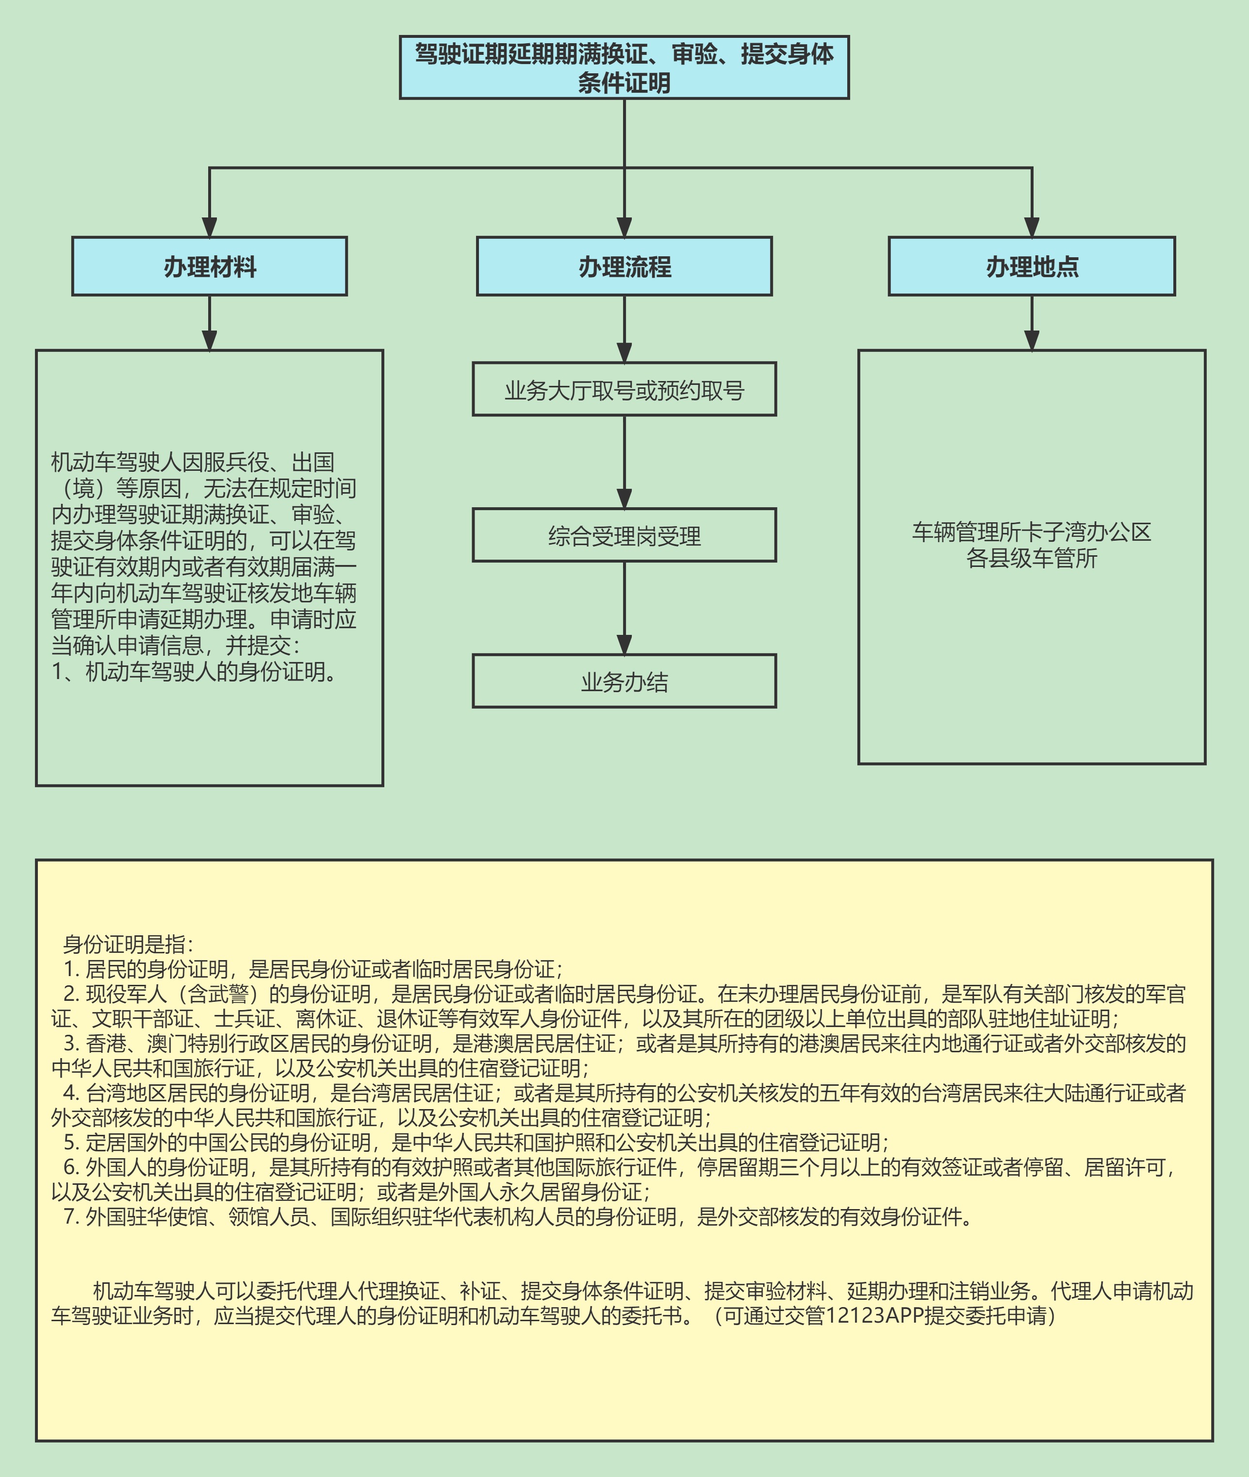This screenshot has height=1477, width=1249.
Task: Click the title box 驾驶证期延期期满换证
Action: click(x=624, y=67)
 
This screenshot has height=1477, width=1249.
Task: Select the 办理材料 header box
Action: click(x=210, y=266)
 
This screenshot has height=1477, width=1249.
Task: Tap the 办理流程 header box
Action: click(x=624, y=266)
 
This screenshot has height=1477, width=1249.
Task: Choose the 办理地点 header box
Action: click(x=1032, y=266)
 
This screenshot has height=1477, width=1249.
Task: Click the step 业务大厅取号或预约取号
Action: click(x=624, y=389)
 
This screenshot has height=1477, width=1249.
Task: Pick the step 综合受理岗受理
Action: click(x=624, y=535)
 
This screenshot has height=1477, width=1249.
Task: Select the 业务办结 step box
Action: click(x=624, y=681)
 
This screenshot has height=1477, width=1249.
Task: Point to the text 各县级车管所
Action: click(x=1032, y=558)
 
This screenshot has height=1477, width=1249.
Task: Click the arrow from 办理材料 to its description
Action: click(x=210, y=322)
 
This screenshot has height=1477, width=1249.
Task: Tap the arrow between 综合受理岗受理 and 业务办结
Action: click(x=624, y=608)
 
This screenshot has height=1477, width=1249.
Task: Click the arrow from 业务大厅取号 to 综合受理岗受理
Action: click(x=624, y=462)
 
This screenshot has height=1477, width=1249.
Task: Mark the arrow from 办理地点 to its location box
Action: click(x=1032, y=322)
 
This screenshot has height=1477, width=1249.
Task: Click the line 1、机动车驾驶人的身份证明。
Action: click(x=195, y=671)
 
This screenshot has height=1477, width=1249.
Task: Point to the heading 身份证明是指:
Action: click(x=128, y=944)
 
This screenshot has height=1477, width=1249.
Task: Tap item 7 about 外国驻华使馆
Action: click(x=517, y=1216)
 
